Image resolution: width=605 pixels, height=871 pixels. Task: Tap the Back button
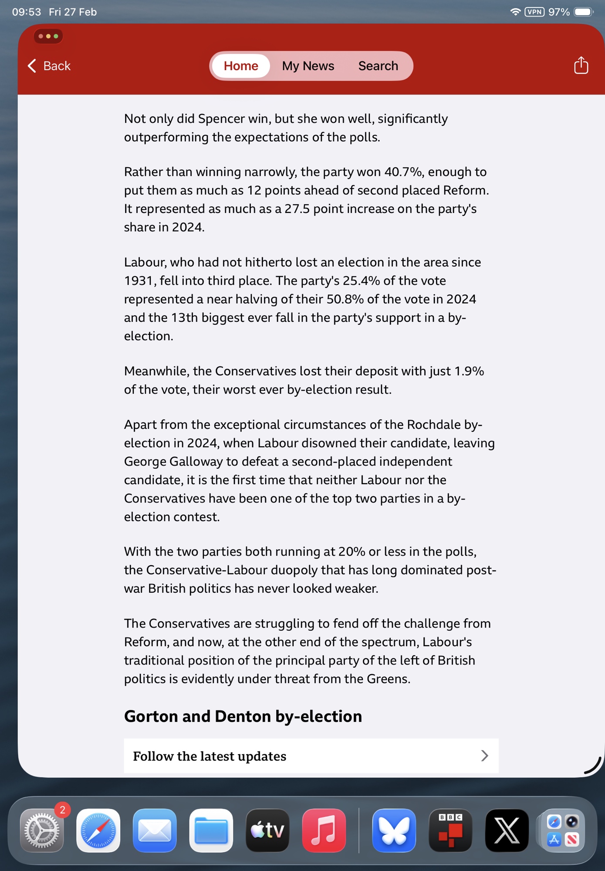coord(49,66)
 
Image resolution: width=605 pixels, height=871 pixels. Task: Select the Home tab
coord(241,66)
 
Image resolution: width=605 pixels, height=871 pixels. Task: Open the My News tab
coord(308,66)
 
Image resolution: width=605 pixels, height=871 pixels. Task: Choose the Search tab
coord(378,66)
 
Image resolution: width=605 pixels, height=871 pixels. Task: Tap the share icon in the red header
coord(581,65)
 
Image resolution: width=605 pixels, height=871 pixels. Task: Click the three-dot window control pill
coord(48,36)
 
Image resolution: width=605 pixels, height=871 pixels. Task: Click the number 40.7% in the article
coord(403,172)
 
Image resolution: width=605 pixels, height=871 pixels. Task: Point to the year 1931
coord(138,281)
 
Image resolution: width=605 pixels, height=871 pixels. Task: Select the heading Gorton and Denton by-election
coord(243,716)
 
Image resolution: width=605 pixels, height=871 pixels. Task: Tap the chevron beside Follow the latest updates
coord(484,756)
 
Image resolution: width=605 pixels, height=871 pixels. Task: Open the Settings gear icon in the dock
coord(42,830)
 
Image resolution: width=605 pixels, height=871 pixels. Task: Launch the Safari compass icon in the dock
coord(98,830)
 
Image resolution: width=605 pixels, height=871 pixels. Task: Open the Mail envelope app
coord(155,830)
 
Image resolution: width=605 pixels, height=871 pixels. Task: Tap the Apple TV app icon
coord(267,830)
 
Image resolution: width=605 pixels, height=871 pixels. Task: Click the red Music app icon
coord(324,830)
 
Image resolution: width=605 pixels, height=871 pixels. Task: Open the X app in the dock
coord(507,830)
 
